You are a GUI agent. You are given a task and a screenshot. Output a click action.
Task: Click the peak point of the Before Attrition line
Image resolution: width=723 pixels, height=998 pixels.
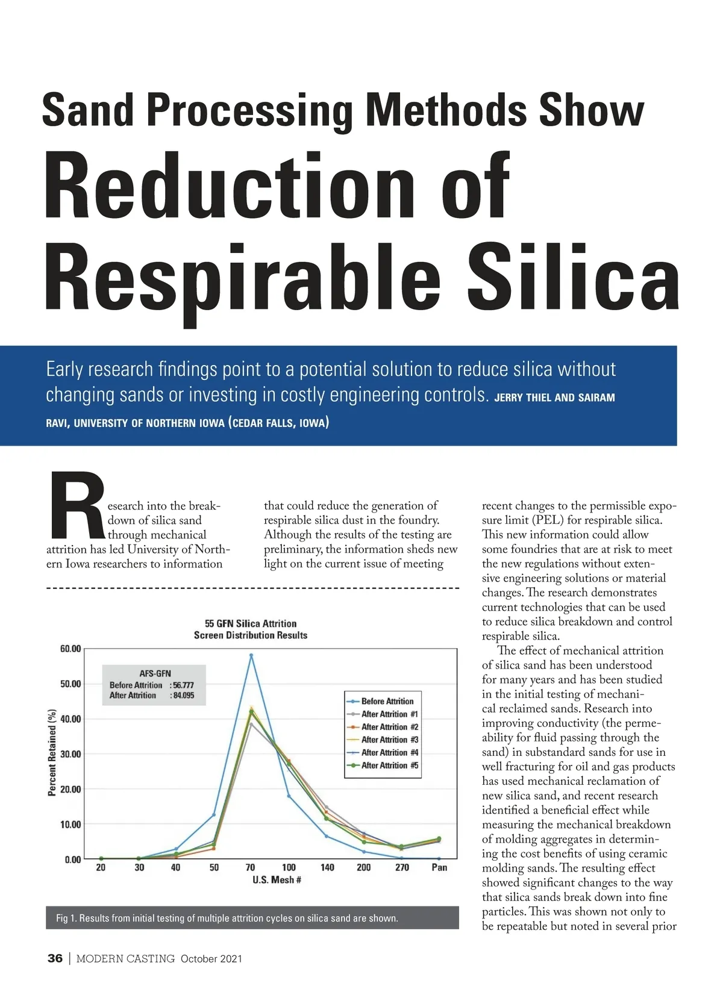click(251, 655)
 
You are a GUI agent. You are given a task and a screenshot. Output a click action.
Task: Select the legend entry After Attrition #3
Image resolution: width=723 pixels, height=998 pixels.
click(389, 740)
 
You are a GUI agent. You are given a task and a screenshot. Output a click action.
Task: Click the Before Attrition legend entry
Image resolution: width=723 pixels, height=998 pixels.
click(387, 701)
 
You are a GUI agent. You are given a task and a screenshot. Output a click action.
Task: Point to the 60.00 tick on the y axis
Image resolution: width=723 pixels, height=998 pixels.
click(70, 649)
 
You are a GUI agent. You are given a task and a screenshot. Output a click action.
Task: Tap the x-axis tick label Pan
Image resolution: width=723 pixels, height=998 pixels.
click(439, 867)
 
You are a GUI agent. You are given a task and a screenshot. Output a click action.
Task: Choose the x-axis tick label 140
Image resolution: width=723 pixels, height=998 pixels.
click(327, 867)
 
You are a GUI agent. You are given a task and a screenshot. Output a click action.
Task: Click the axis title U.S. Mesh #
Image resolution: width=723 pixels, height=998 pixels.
click(277, 880)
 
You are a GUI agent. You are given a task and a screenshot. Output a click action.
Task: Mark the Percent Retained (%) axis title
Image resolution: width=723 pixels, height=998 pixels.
click(52, 752)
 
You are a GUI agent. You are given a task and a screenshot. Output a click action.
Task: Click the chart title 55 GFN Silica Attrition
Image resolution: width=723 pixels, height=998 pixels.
click(251, 623)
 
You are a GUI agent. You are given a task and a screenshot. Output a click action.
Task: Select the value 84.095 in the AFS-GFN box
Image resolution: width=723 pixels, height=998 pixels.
click(184, 696)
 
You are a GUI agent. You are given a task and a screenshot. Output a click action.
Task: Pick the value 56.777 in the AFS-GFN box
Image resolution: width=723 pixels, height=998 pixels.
click(184, 685)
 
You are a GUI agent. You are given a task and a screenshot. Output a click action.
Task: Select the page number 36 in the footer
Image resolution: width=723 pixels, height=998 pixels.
click(55, 958)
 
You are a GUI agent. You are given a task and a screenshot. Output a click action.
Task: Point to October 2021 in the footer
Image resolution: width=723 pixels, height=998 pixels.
click(211, 959)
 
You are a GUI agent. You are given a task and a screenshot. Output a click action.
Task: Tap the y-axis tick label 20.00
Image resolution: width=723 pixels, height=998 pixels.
click(70, 789)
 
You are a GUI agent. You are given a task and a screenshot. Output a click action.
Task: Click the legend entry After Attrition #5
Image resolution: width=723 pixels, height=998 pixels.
click(389, 766)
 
